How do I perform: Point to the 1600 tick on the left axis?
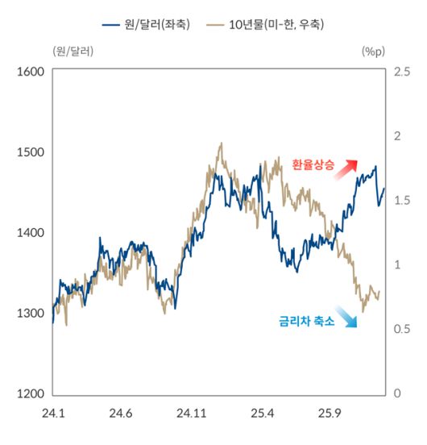30,72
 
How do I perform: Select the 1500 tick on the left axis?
30,152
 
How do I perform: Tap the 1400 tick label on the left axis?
30,233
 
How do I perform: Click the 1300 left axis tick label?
30,314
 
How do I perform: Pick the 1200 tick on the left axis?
30,394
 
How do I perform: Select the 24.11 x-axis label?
190,414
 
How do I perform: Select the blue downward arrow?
347,318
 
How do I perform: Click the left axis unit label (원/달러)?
72,52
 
